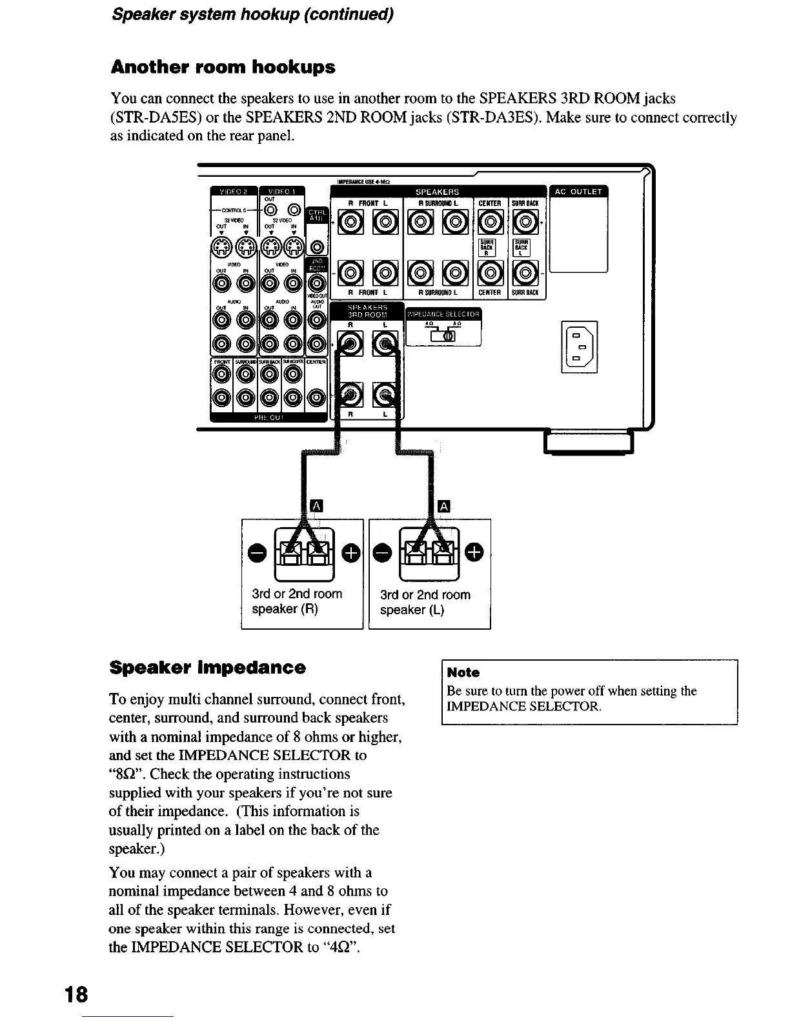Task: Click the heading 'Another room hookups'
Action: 223,67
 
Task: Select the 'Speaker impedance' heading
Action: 208,667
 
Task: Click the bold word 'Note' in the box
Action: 463,672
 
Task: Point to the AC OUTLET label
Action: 578,191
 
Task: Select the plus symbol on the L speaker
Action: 474,552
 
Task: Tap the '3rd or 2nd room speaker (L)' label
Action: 425,602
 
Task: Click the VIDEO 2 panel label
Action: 232,191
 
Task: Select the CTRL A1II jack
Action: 316,246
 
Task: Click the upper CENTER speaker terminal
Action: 490,224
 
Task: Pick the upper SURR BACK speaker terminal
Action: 526,224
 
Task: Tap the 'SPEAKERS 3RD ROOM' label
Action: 367,311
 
